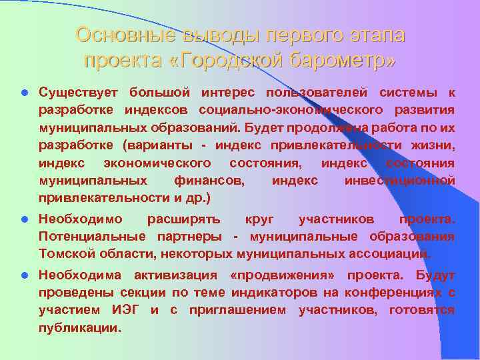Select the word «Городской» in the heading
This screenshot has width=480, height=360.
point(230,61)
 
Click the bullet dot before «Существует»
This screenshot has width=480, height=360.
point(23,91)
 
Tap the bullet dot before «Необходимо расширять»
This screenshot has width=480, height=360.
point(23,218)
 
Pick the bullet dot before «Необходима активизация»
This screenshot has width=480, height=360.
point(23,275)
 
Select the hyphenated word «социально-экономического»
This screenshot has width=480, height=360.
point(290,109)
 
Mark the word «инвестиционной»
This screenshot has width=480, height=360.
point(399,181)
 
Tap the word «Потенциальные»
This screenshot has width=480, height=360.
point(93,236)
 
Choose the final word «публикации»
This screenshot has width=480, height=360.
point(79,328)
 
